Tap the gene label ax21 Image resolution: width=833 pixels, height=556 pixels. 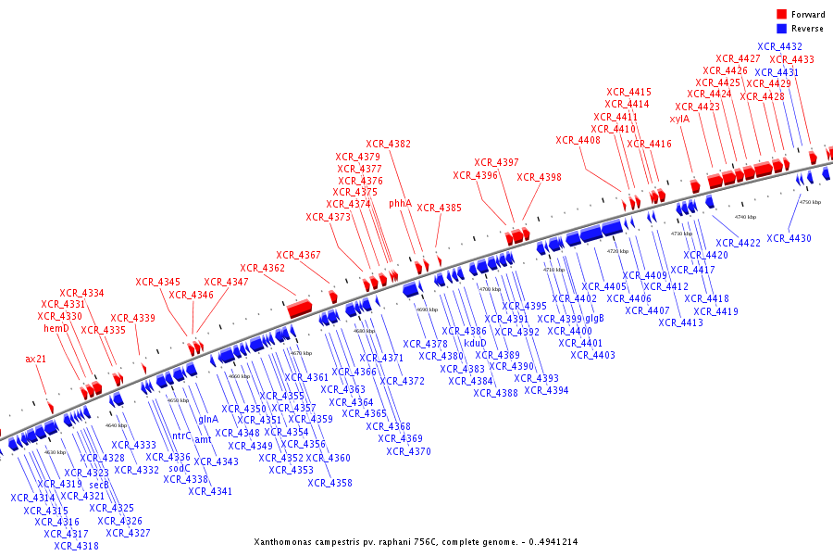[x=36, y=359]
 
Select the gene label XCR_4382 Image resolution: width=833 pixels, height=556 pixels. [x=389, y=144]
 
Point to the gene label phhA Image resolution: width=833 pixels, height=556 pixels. [x=400, y=203]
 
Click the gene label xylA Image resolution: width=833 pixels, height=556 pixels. [x=679, y=119]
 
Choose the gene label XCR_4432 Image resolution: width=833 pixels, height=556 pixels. [x=780, y=46]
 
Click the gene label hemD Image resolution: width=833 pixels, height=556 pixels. [x=56, y=328]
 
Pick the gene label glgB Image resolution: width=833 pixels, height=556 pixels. [x=594, y=318]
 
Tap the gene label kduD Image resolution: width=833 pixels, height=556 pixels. [x=475, y=343]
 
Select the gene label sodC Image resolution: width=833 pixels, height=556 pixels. [x=180, y=468]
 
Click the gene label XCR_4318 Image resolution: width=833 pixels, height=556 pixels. [x=76, y=546]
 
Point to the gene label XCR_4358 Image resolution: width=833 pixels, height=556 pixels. [x=330, y=483]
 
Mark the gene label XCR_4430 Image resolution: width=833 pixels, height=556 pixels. [x=789, y=239]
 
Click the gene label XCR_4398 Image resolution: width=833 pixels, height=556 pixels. [x=539, y=177]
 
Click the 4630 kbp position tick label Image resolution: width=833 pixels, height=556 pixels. [x=56, y=452]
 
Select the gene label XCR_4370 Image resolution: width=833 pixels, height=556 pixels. [x=408, y=451]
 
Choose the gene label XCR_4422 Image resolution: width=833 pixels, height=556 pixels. [x=738, y=243]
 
